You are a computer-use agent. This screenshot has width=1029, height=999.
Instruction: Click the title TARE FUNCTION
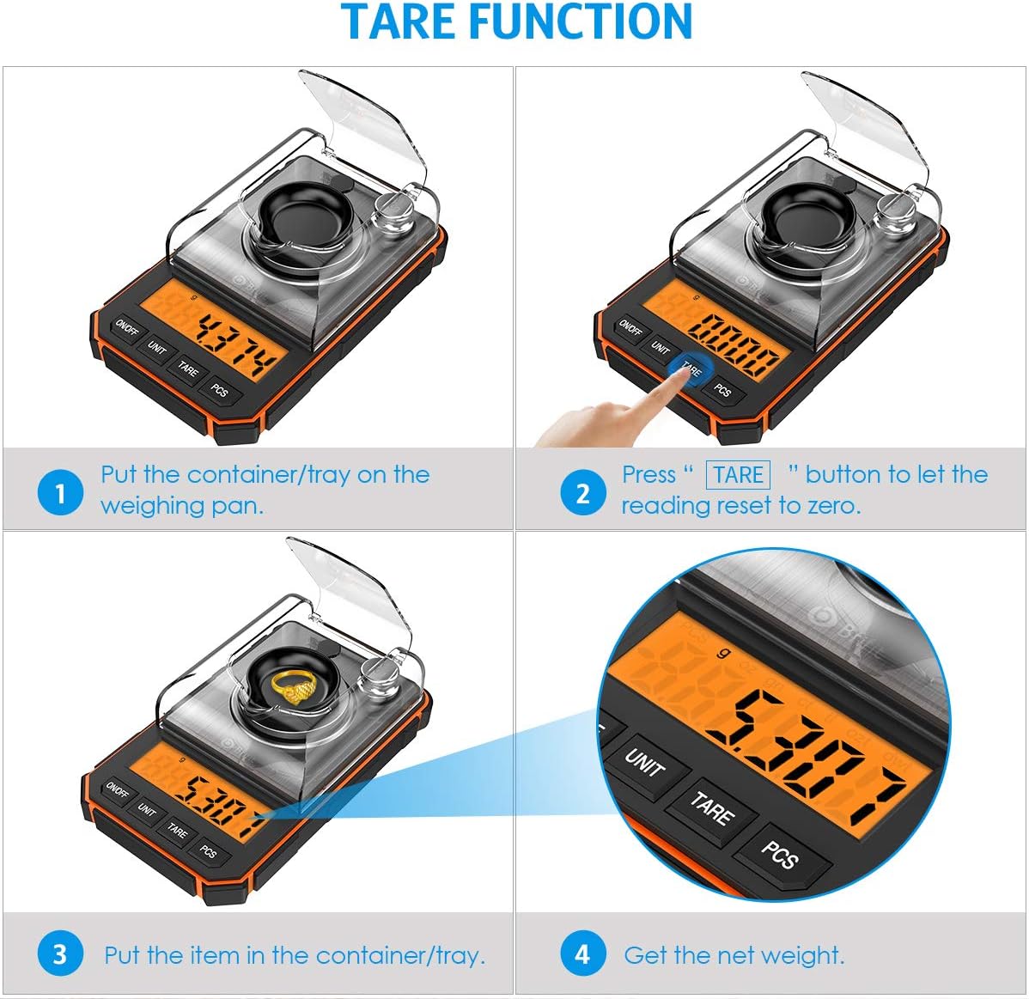point(516,23)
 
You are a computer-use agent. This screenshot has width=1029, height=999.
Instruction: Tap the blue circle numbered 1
point(60,493)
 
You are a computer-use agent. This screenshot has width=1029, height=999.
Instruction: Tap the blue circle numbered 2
point(582,493)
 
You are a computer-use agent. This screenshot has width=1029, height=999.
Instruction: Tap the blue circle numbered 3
point(60,954)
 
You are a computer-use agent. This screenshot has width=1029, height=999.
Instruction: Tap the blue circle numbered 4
point(582,954)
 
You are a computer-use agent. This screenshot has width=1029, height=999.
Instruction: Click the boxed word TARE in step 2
point(738,475)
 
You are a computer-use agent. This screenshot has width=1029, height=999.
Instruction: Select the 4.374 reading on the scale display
point(238,344)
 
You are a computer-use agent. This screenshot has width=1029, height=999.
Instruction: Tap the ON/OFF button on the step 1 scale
point(126,329)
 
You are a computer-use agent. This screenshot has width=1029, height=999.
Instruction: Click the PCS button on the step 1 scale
point(220,390)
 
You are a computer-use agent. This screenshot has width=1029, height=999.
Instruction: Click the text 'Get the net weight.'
point(734,955)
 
